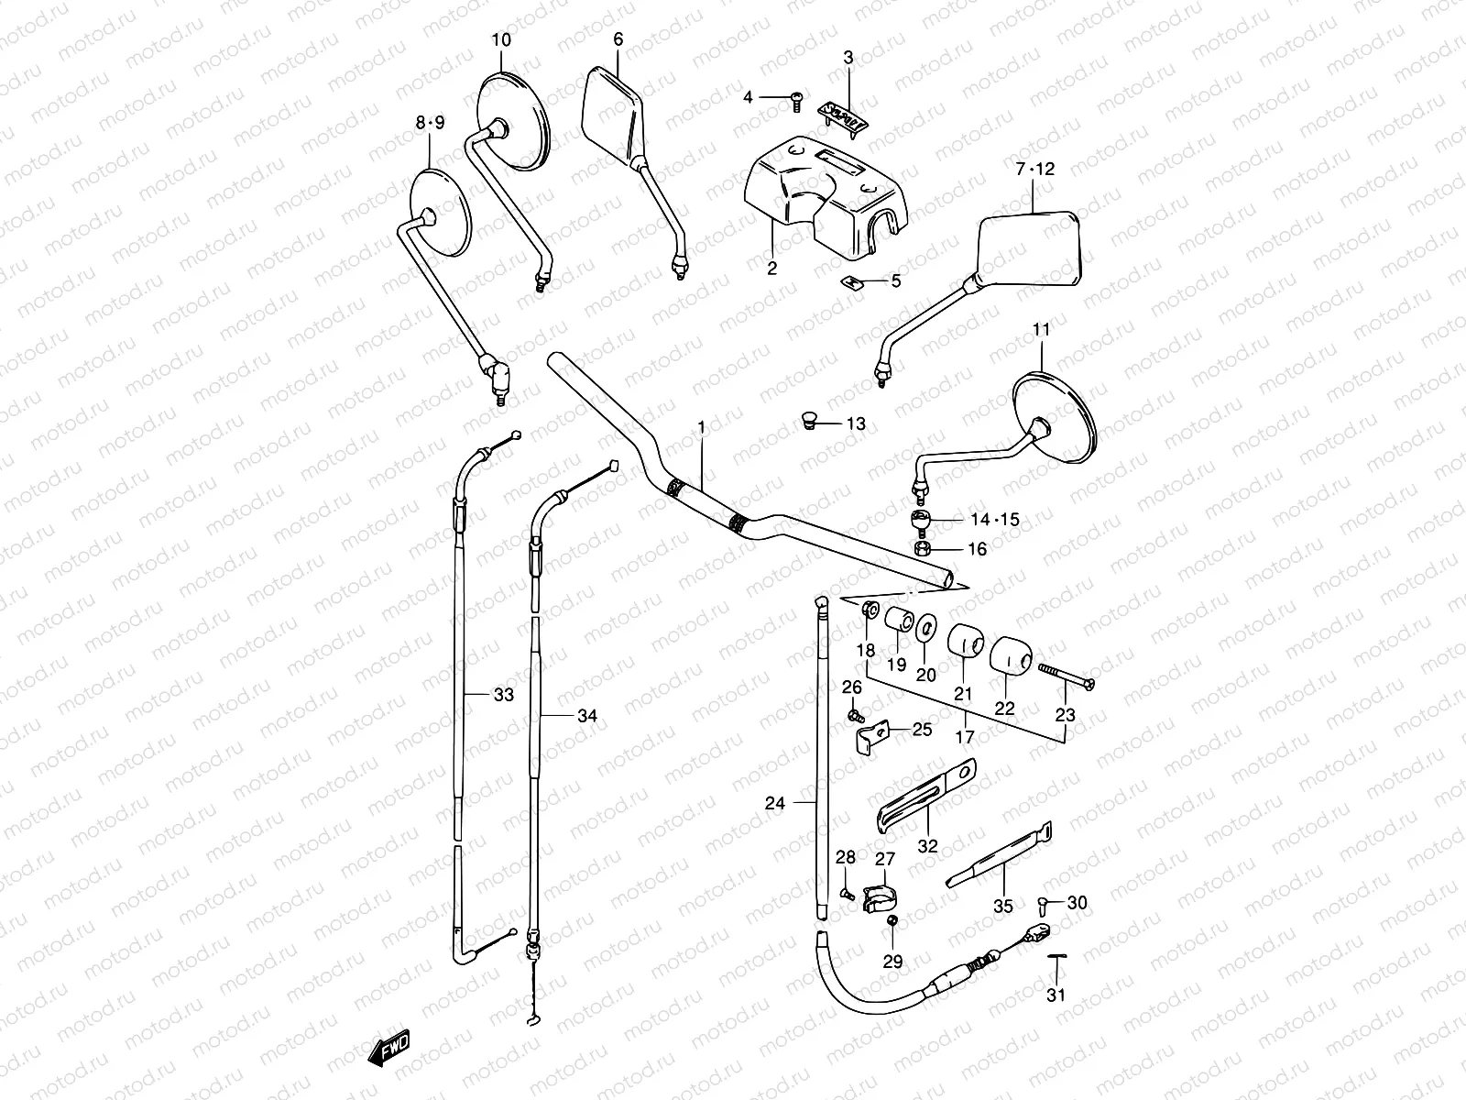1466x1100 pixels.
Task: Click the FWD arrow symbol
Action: (x=388, y=1047)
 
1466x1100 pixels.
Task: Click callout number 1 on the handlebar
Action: (x=701, y=427)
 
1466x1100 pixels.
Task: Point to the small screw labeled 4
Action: (x=796, y=99)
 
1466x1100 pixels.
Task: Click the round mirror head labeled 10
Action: (x=512, y=124)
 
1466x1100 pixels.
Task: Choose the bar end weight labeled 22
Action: (x=1011, y=654)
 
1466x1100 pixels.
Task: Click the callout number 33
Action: (x=503, y=695)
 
